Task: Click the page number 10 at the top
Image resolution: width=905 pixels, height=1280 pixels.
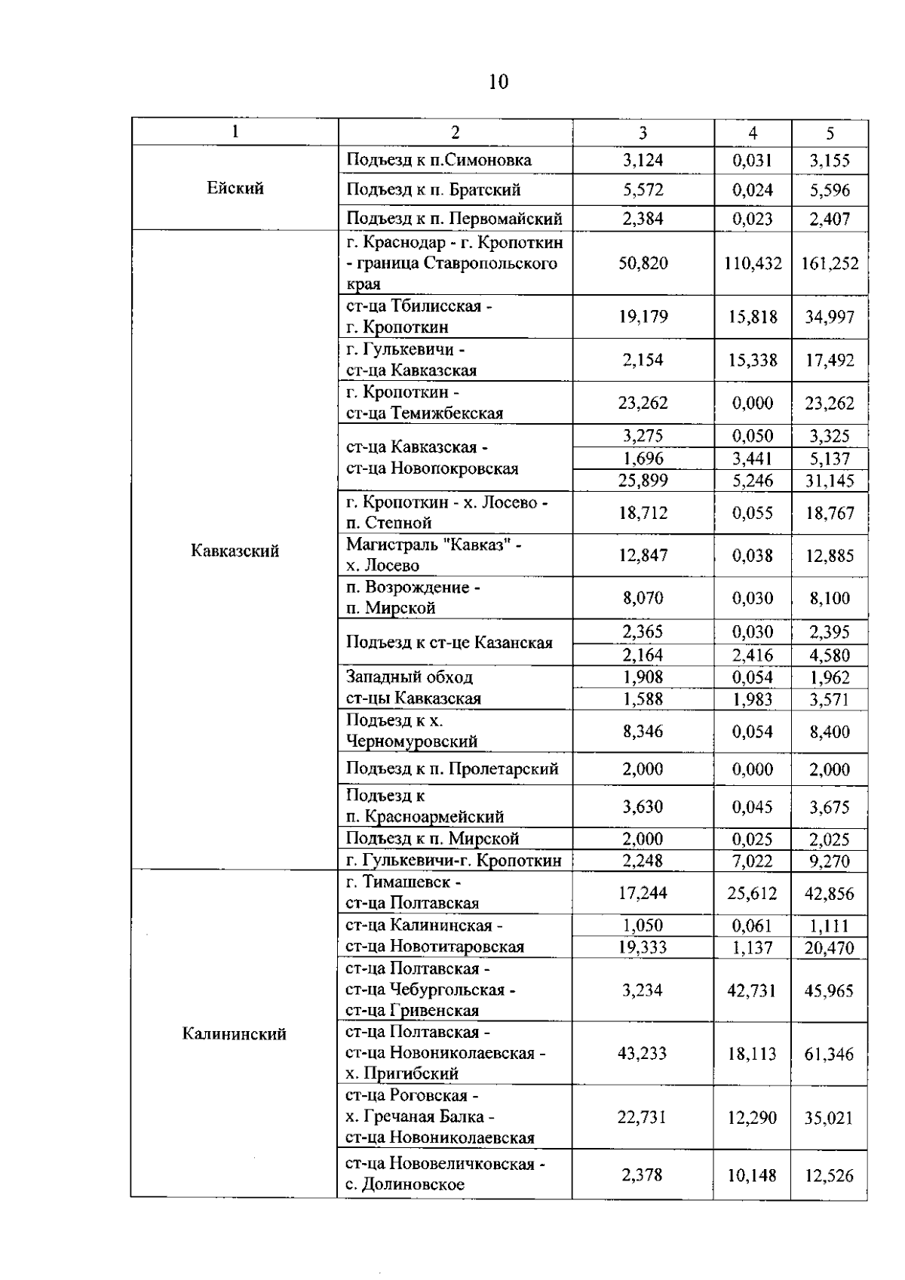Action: point(499,81)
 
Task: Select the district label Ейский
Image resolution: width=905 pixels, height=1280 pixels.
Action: point(235,189)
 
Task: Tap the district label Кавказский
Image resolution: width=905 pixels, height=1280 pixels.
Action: point(235,551)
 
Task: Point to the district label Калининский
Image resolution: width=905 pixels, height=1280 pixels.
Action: point(235,1034)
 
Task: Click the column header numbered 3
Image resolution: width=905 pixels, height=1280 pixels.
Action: point(643,133)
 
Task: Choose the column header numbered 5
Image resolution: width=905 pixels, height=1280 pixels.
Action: point(830,133)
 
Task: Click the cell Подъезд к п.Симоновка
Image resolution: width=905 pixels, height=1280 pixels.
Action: point(439,160)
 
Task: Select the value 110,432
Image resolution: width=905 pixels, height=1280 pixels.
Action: point(753,263)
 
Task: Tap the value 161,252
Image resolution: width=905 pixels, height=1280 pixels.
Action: point(830,263)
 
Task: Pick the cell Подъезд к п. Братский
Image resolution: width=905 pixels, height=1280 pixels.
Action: point(434,190)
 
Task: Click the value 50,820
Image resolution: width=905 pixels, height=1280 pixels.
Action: point(643,263)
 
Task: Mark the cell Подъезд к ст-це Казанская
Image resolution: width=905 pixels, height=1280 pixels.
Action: point(449,643)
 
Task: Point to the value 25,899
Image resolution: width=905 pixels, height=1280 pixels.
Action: point(643,480)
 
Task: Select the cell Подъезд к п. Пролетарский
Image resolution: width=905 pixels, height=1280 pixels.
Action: point(452,769)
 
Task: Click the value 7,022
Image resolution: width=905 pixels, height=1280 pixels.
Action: point(753,861)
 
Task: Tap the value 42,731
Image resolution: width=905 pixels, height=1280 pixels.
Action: point(752,990)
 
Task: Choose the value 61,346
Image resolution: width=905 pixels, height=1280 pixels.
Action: point(829,1054)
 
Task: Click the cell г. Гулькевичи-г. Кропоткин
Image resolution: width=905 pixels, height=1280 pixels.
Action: point(454,861)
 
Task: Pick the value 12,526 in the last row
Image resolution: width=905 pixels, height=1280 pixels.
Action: point(829,1175)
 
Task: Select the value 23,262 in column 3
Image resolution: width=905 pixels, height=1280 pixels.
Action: point(643,403)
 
